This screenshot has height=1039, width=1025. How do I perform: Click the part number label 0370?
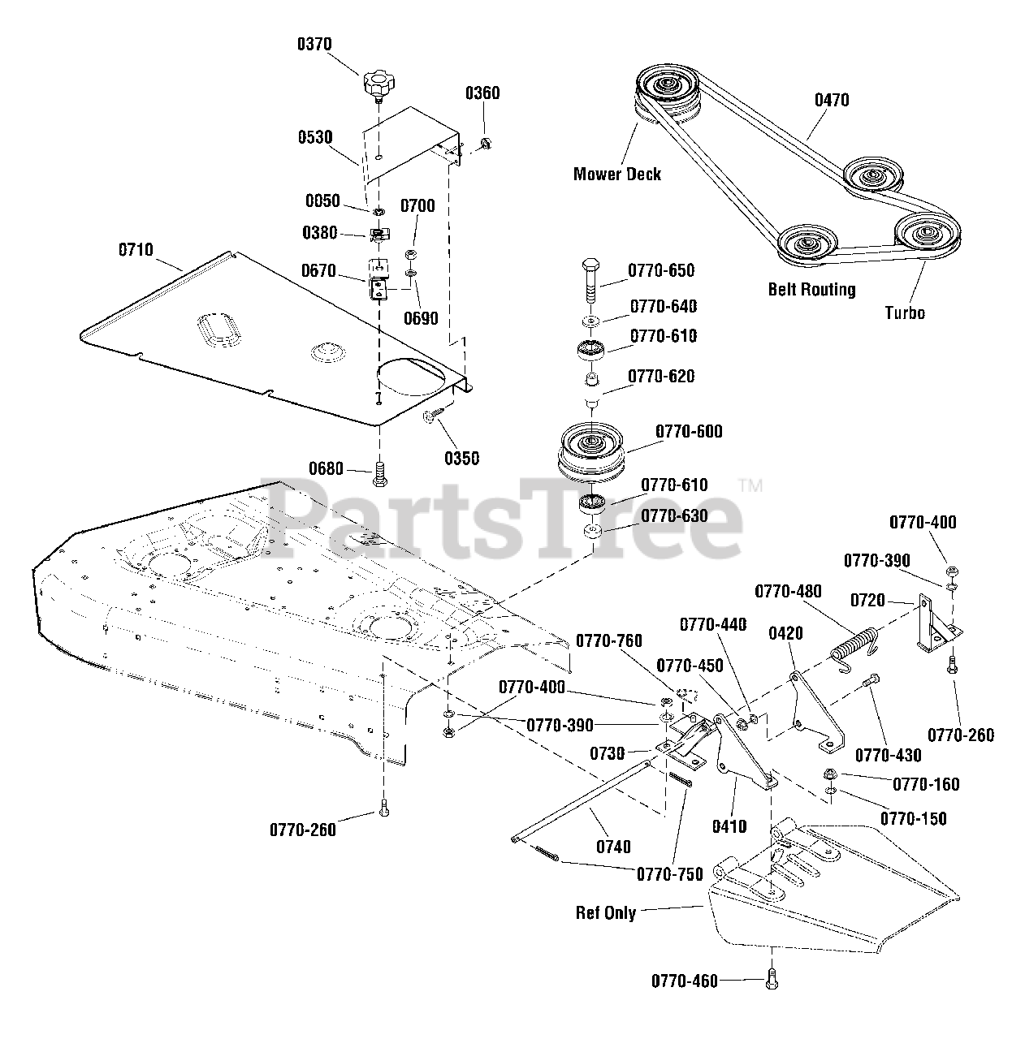(x=314, y=44)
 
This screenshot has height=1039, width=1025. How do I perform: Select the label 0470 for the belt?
(x=832, y=100)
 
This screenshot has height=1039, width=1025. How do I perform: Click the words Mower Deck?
(x=617, y=174)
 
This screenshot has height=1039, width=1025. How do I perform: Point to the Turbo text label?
(x=905, y=313)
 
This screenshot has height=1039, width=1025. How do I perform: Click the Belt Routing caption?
(x=811, y=290)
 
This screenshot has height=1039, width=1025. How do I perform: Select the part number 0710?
(x=136, y=250)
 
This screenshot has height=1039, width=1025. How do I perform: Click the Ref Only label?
(x=606, y=912)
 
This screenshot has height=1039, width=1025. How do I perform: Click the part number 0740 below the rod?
(x=613, y=847)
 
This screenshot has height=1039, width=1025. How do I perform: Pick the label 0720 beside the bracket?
(x=867, y=601)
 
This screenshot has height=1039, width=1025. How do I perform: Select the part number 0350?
(x=461, y=458)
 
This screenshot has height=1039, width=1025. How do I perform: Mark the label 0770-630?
(x=674, y=516)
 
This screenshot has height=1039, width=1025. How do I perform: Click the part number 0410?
(x=729, y=827)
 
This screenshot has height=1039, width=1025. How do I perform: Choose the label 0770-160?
(x=926, y=784)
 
